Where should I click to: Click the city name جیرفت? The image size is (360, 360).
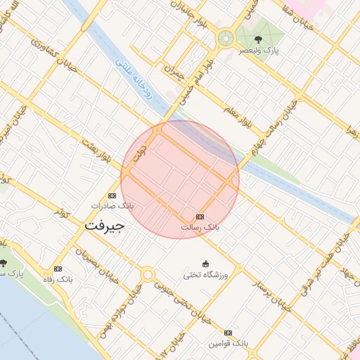pos(104,226)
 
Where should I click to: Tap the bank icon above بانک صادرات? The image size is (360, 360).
pos(112,195)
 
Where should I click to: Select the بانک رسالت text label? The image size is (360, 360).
pos(200,228)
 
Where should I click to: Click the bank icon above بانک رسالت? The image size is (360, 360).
pos(200,217)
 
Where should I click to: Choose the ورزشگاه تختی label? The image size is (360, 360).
pos(205,275)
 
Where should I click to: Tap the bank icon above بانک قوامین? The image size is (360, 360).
pos(228,333)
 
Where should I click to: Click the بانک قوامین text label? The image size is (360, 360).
pos(228,344)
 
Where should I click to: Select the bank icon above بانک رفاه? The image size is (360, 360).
pos(58,269)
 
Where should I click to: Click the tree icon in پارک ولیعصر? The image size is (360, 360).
pos(258,39)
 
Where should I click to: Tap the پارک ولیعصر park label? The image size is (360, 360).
pos(258,51)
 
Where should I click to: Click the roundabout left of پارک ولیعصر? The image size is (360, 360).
pos(226,38)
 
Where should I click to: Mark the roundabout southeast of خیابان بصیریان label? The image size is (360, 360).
pos(147,274)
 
